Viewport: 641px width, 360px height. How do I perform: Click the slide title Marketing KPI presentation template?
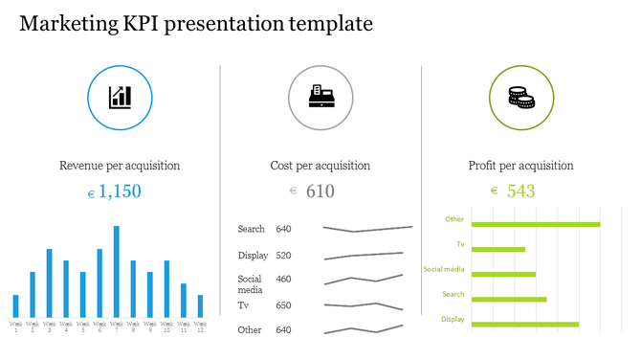[x=196, y=24]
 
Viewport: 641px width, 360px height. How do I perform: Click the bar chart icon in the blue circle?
[x=120, y=97]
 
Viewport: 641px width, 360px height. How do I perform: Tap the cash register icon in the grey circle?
[x=320, y=97]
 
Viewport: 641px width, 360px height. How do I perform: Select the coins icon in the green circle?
[x=520, y=97]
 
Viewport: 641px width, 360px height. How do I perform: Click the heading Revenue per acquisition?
[x=120, y=166]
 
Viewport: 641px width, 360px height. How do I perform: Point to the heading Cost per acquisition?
[x=320, y=166]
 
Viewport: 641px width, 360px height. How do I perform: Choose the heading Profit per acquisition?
[x=521, y=166]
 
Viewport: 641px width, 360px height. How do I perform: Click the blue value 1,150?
[x=120, y=191]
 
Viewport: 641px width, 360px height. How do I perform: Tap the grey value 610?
[x=320, y=191]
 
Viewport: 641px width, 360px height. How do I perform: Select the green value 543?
[x=520, y=191]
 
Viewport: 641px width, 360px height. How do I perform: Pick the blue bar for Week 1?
[x=16, y=306]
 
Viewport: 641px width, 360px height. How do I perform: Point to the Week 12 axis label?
[x=200, y=327]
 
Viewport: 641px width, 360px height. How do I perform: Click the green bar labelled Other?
[x=536, y=225]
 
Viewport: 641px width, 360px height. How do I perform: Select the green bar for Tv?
[x=498, y=250]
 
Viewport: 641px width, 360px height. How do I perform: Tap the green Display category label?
[x=453, y=319]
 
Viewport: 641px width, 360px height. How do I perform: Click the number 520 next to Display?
[x=283, y=256]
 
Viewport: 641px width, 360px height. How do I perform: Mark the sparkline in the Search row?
[x=367, y=229]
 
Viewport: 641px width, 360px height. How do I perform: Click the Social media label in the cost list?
[x=251, y=284]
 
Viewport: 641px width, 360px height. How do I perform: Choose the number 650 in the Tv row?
[x=283, y=305]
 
